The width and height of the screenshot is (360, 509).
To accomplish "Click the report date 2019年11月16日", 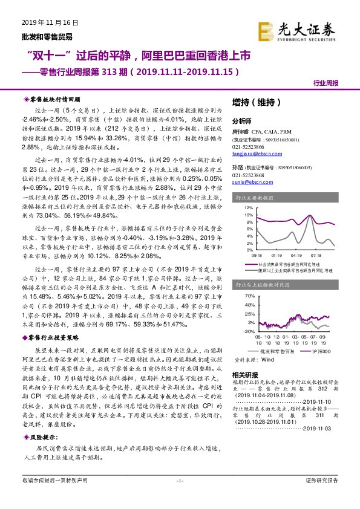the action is click(x=41, y=22).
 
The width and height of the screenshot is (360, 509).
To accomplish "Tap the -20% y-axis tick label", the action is click(x=249, y=331).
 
